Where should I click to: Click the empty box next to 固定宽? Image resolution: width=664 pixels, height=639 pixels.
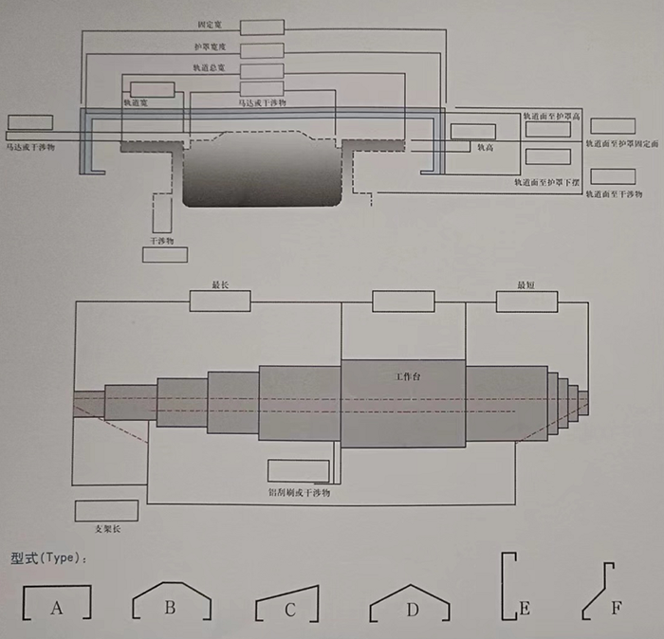(x=262, y=27)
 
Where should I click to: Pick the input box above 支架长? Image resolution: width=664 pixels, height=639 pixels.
(x=100, y=510)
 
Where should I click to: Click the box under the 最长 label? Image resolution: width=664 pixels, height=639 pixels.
(x=220, y=301)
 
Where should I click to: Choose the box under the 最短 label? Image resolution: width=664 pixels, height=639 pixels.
(x=526, y=301)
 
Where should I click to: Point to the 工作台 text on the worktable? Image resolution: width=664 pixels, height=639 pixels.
(x=407, y=376)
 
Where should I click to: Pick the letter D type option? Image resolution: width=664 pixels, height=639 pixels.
(x=412, y=610)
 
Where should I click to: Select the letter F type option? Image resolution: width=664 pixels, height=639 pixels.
(x=618, y=608)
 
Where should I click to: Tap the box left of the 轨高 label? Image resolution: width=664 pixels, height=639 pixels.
(x=472, y=132)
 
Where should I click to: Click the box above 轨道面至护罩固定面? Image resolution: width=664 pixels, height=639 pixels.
(x=613, y=126)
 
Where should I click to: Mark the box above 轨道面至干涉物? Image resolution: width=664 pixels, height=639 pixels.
(x=613, y=176)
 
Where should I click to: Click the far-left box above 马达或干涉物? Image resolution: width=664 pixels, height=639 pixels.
(x=29, y=122)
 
